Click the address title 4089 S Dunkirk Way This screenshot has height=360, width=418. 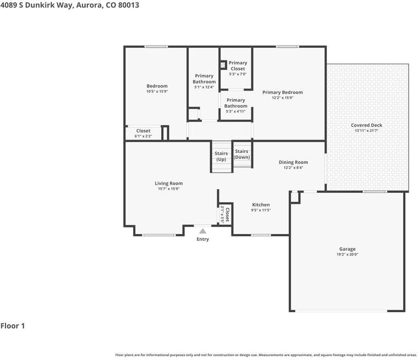(69, 5)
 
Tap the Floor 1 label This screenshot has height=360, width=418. (13, 326)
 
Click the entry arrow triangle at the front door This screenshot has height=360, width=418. (203, 231)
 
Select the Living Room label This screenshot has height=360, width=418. (168, 184)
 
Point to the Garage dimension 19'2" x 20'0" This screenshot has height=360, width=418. (347, 254)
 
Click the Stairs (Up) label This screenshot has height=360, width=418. (221, 157)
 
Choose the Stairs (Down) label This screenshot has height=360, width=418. (241, 154)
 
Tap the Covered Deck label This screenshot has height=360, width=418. (366, 125)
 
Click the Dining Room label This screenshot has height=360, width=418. (293, 162)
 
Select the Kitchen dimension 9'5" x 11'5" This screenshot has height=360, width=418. (261, 210)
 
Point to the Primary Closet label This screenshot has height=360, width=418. (238, 66)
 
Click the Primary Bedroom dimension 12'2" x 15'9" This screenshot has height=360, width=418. (282, 98)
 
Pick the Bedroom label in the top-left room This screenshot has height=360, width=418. (157, 86)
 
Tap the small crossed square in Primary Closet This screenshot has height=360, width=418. (223, 65)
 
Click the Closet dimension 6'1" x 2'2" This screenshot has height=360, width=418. (143, 136)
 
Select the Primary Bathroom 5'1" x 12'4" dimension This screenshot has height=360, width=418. (204, 87)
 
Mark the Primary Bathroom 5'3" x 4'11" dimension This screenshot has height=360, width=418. (235, 111)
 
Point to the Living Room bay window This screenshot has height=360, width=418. (159, 235)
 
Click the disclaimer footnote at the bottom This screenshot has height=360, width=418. (266, 355)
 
